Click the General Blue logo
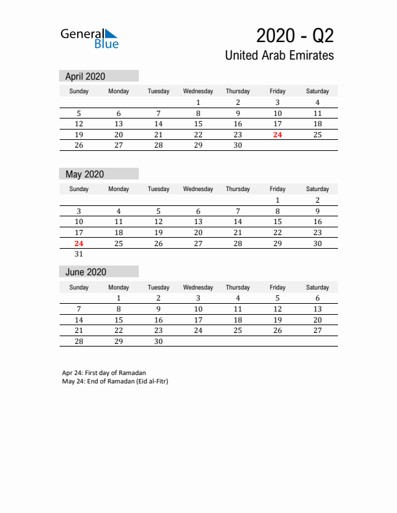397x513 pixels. click(90, 38)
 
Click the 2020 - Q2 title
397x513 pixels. click(295, 35)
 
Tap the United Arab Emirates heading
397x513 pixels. click(280, 56)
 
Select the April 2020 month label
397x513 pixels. click(85, 76)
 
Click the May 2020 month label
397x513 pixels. click(84, 174)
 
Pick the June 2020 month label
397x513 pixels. click(86, 272)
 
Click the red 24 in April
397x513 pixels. click(278, 135)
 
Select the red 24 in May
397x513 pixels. click(78, 244)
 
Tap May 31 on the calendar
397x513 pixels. click(78, 255)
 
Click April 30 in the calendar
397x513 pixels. click(237, 146)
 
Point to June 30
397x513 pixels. click(158, 342)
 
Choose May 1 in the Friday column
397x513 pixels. click(278, 200)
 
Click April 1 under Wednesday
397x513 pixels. click(198, 102)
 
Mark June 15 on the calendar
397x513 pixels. click(118, 320)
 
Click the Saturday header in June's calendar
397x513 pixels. click(317, 288)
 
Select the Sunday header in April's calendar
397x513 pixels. click(78, 91)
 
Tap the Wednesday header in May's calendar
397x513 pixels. click(198, 189)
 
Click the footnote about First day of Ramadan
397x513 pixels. click(104, 373)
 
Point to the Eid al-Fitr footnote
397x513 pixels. click(115, 381)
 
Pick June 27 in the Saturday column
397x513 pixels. click(317, 331)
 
